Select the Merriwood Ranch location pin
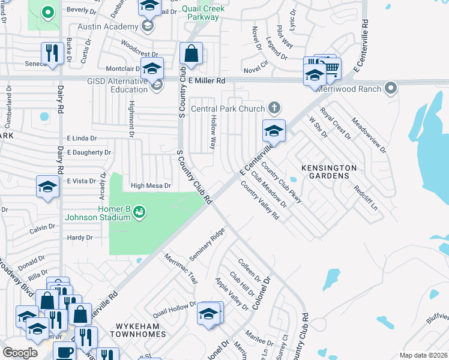pos(391,89)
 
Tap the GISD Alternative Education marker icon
pos(157,86)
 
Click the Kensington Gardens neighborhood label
pos(325,172)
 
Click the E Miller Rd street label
pos(206,80)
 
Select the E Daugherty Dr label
pos(89,152)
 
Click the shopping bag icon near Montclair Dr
pos(191,53)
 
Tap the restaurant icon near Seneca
pos(53,52)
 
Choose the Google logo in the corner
pos(20,353)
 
